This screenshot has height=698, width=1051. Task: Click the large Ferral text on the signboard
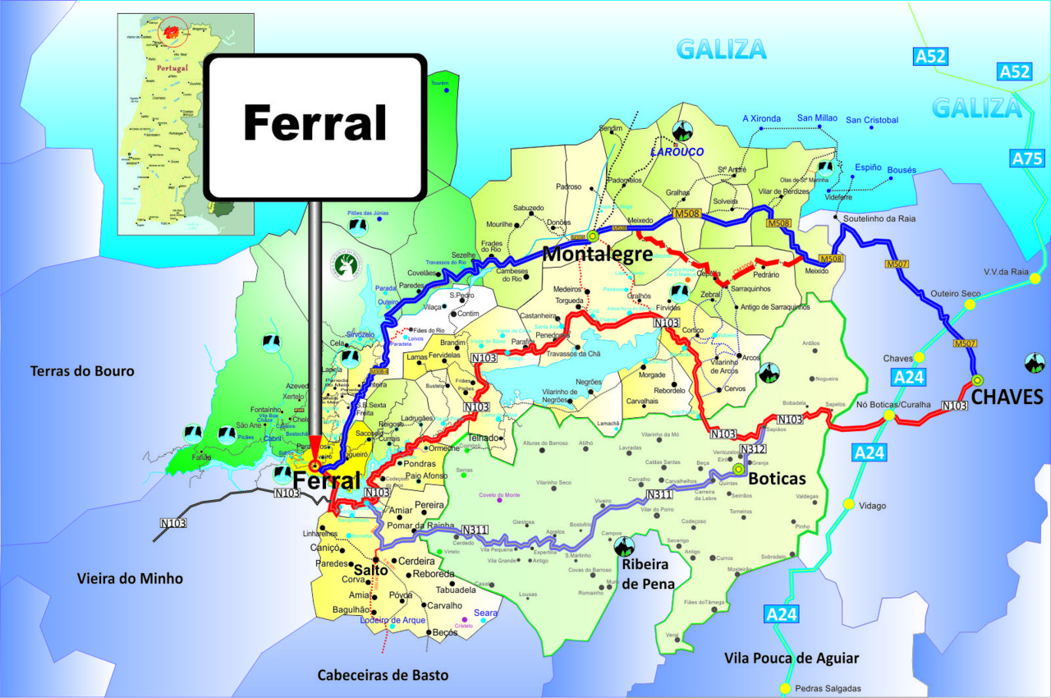pyautogui.click(x=314, y=124)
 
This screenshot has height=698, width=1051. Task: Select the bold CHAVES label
pyautogui.click(x=1007, y=398)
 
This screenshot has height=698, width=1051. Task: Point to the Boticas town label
pyautogui.click(x=778, y=478)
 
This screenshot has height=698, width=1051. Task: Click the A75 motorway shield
pyautogui.click(x=1027, y=158)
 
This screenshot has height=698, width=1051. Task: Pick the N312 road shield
pyautogui.click(x=752, y=449)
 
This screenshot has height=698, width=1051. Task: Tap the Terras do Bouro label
pyautogui.click(x=82, y=371)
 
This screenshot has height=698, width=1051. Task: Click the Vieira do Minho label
pyautogui.click(x=130, y=579)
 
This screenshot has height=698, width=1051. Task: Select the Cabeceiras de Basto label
pyautogui.click(x=383, y=675)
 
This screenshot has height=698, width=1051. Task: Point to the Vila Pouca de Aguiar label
pyautogui.click(x=792, y=658)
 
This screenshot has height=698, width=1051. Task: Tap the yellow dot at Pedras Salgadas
pyautogui.click(x=785, y=688)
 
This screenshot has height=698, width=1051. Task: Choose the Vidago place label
pyautogui.click(x=871, y=506)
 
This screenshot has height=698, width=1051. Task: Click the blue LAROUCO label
pyautogui.click(x=678, y=152)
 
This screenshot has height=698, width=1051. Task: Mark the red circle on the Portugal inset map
pyautogui.click(x=172, y=31)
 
